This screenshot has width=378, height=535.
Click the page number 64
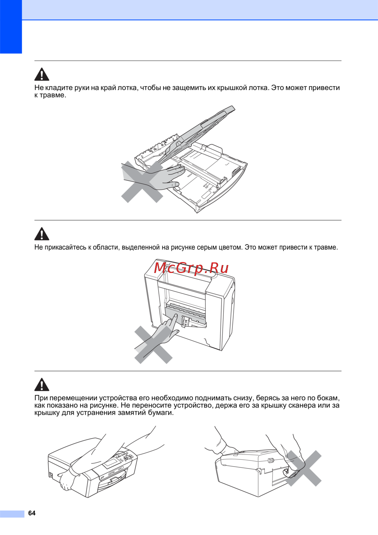pos(32,513)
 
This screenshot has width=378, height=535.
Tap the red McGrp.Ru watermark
pos(191,268)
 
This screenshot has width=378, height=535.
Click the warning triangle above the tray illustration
pos(42,74)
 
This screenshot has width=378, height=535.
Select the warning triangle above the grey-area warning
pos(42,234)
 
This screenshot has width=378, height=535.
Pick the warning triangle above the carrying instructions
pos(42,384)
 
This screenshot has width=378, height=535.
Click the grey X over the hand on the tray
pos(142,182)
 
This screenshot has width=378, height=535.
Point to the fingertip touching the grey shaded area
pos(176,315)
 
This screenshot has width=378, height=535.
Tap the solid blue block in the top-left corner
pos(11,27)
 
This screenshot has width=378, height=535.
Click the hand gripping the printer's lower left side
pos(65,481)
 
